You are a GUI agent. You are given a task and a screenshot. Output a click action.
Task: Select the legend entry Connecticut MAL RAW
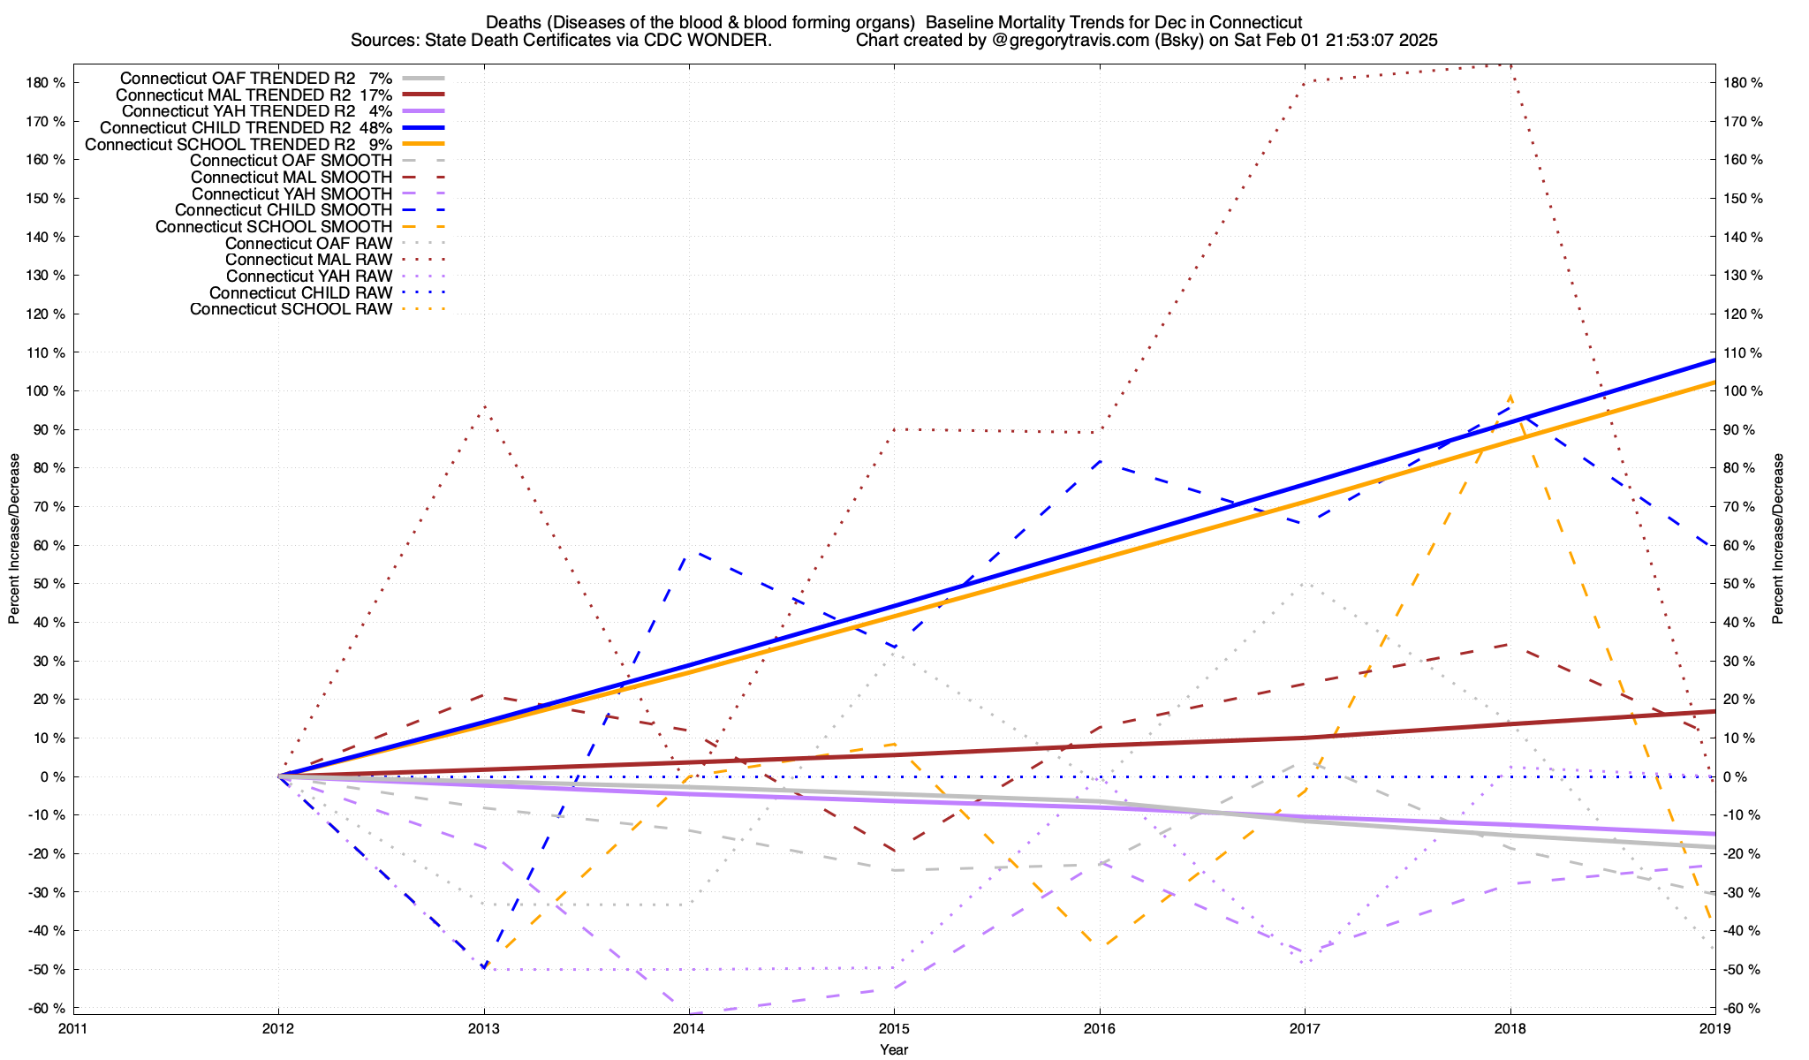[308, 260]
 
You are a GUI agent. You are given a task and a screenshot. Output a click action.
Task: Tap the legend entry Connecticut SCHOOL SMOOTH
[274, 227]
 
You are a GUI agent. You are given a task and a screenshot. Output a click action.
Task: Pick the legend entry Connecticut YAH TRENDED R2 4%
[256, 111]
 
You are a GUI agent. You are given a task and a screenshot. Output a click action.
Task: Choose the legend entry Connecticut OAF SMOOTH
[291, 161]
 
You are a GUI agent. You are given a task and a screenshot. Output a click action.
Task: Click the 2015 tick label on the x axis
[894, 1028]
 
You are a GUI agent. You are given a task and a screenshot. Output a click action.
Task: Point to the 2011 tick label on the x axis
[73, 1028]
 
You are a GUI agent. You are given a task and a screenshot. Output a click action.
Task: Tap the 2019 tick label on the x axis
[1714, 1028]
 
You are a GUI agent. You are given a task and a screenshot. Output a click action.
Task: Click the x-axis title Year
[894, 1049]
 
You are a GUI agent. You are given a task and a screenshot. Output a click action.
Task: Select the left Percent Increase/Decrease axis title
[14, 539]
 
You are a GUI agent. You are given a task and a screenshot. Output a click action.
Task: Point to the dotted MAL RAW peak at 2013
[484, 406]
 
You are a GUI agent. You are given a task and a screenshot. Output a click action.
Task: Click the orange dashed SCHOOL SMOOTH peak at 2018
[1510, 397]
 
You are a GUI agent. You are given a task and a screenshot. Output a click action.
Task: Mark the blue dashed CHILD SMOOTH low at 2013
[484, 968]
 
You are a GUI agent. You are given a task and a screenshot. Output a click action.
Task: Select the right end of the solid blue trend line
[1714, 360]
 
